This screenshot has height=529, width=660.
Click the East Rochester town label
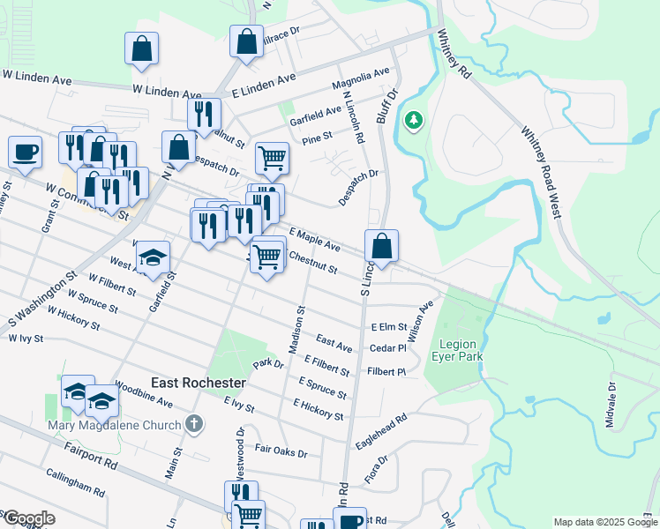click(x=198, y=384)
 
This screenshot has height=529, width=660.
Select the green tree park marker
click(x=412, y=120)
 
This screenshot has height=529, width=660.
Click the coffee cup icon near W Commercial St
click(x=25, y=150)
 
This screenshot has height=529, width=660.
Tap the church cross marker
click(x=195, y=425)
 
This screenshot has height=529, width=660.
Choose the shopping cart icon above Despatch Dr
click(x=272, y=159)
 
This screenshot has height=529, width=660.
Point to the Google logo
click(x=28, y=518)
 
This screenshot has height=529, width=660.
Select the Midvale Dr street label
click(x=610, y=406)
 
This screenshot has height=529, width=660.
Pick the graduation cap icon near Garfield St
click(x=153, y=257)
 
